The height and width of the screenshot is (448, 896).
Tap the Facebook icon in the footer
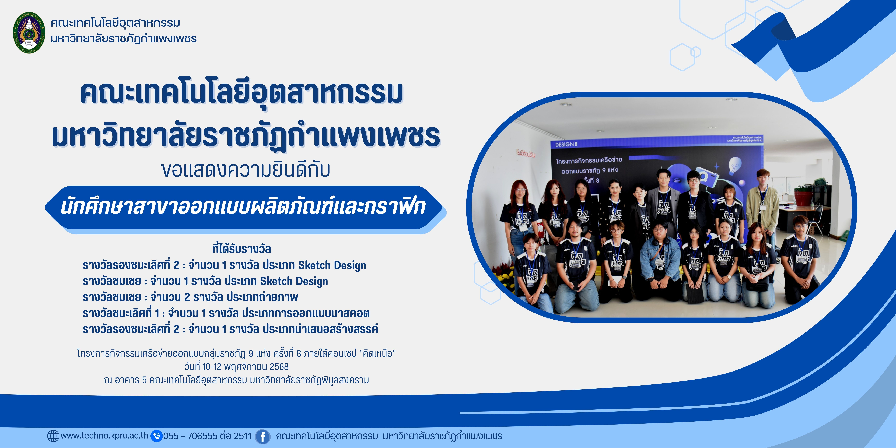pos(263,436)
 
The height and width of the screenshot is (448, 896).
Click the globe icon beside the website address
pos(53,436)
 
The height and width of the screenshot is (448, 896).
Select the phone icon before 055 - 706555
pos(156,436)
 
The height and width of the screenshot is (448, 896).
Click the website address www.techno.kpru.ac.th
pos(104,435)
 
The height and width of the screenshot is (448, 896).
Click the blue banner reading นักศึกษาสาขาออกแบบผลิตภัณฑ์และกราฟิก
pos(243,207)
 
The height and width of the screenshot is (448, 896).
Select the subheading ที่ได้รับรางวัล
pos(242,249)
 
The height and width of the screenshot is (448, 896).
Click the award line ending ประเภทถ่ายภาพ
pos(190,297)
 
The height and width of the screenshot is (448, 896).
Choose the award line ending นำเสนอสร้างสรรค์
pos(230,329)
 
